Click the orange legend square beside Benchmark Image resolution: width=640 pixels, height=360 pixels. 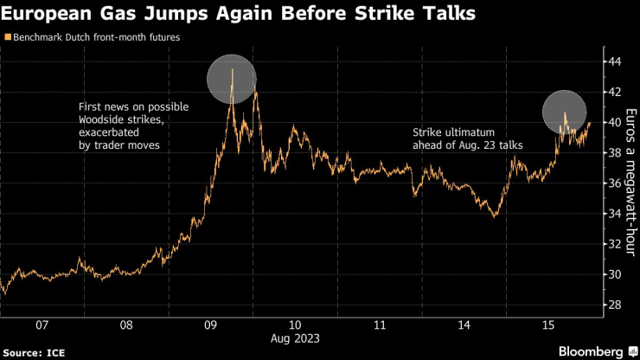tap(8, 38)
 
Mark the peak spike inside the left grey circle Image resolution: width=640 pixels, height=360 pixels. tap(232, 69)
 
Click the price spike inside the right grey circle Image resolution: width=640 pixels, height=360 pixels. tap(565, 113)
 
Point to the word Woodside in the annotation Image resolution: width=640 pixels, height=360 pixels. tap(110, 120)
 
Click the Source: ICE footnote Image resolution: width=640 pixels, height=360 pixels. tap(33, 352)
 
